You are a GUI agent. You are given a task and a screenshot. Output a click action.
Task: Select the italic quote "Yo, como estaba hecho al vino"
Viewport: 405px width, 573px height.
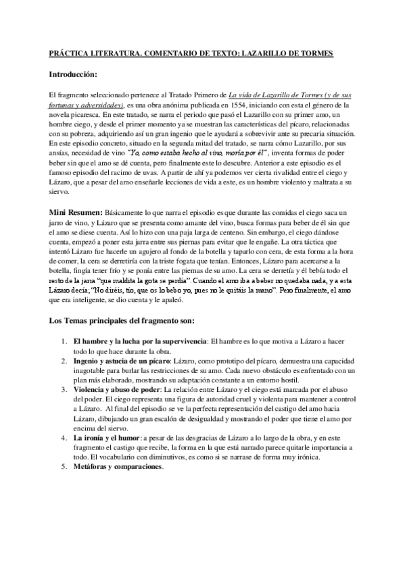coord(181,153)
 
